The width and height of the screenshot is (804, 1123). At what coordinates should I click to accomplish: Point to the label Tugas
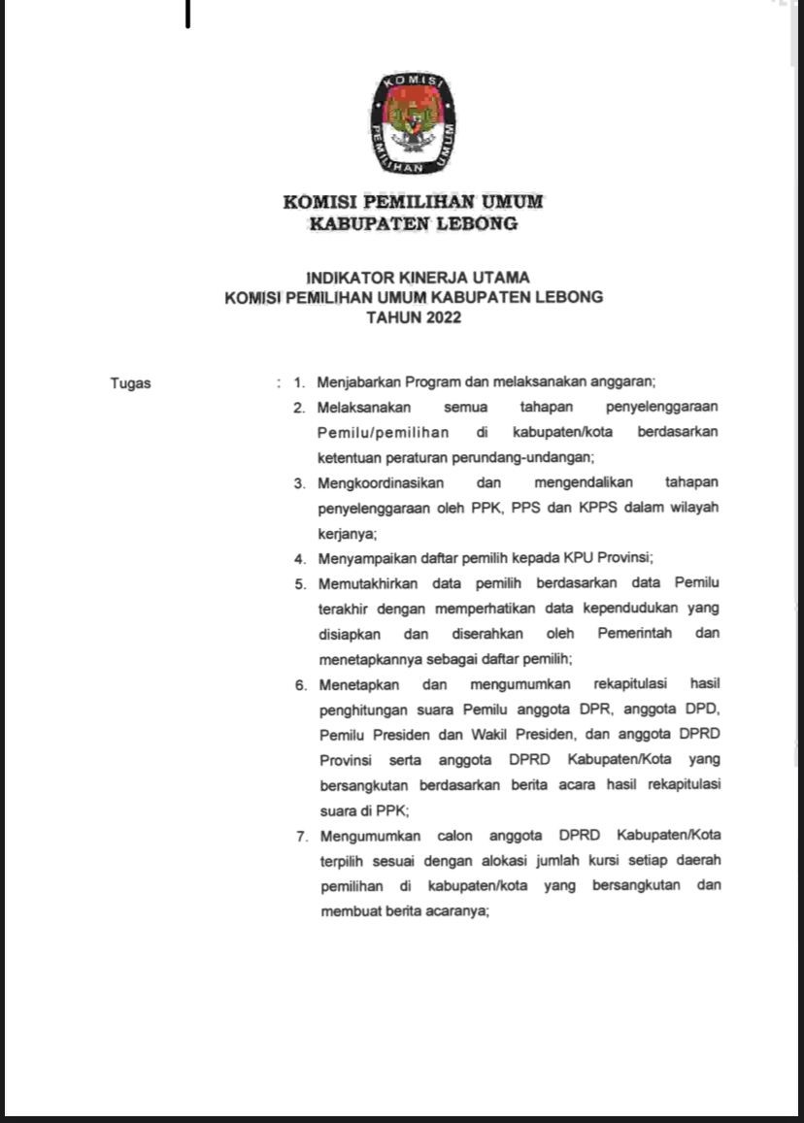click(130, 382)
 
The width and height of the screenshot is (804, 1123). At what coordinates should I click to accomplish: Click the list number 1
click(299, 382)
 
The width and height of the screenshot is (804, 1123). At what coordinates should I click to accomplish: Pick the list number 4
click(300, 558)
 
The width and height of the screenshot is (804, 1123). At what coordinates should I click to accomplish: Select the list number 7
click(302, 836)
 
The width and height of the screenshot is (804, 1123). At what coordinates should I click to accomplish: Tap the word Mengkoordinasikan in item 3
click(381, 482)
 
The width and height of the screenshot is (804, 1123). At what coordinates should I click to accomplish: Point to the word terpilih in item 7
click(339, 861)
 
